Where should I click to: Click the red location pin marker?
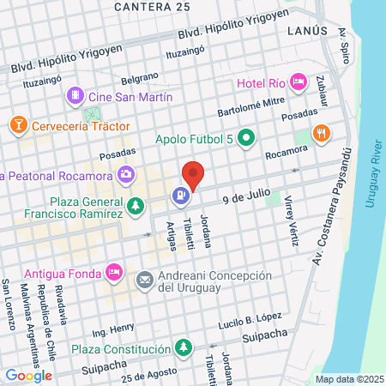pos(194,175)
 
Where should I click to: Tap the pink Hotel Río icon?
pos(299,82)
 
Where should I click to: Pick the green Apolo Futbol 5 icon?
pos(247,137)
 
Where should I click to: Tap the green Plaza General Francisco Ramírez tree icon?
pos(136,207)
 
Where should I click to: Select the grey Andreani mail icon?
pos(144,280)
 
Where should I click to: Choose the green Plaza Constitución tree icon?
pos(183,348)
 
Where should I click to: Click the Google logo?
pos(29,375)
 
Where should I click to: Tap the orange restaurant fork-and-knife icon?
pos(322,133)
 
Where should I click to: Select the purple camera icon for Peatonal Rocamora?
pos(126,175)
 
